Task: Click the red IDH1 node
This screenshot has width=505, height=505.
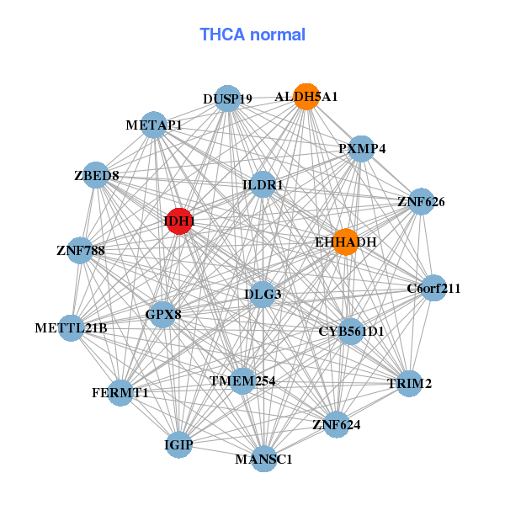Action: (178, 221)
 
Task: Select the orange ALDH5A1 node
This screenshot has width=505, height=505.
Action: (306, 97)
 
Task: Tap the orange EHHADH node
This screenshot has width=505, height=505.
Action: (345, 242)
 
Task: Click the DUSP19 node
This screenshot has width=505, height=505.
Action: (227, 98)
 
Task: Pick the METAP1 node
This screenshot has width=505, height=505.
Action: (153, 125)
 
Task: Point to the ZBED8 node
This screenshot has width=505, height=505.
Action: (97, 176)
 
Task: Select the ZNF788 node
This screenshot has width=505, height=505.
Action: (80, 250)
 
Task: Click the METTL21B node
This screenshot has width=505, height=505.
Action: (72, 327)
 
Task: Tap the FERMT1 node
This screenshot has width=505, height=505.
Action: (120, 392)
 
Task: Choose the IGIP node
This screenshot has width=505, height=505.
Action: (178, 444)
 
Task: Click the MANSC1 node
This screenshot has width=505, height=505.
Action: (264, 459)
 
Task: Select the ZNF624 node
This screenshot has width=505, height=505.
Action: (336, 424)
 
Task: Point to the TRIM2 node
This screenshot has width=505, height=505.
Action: (409, 384)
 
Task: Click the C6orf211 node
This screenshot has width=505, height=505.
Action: (433, 289)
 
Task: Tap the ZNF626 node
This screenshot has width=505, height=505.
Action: (421, 202)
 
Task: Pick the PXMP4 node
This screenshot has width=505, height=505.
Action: (362, 149)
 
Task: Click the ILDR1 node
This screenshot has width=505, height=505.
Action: (263, 184)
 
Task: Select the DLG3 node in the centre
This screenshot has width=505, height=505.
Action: (263, 294)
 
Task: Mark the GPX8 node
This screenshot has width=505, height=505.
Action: (163, 315)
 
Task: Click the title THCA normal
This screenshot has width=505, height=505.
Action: (252, 35)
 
